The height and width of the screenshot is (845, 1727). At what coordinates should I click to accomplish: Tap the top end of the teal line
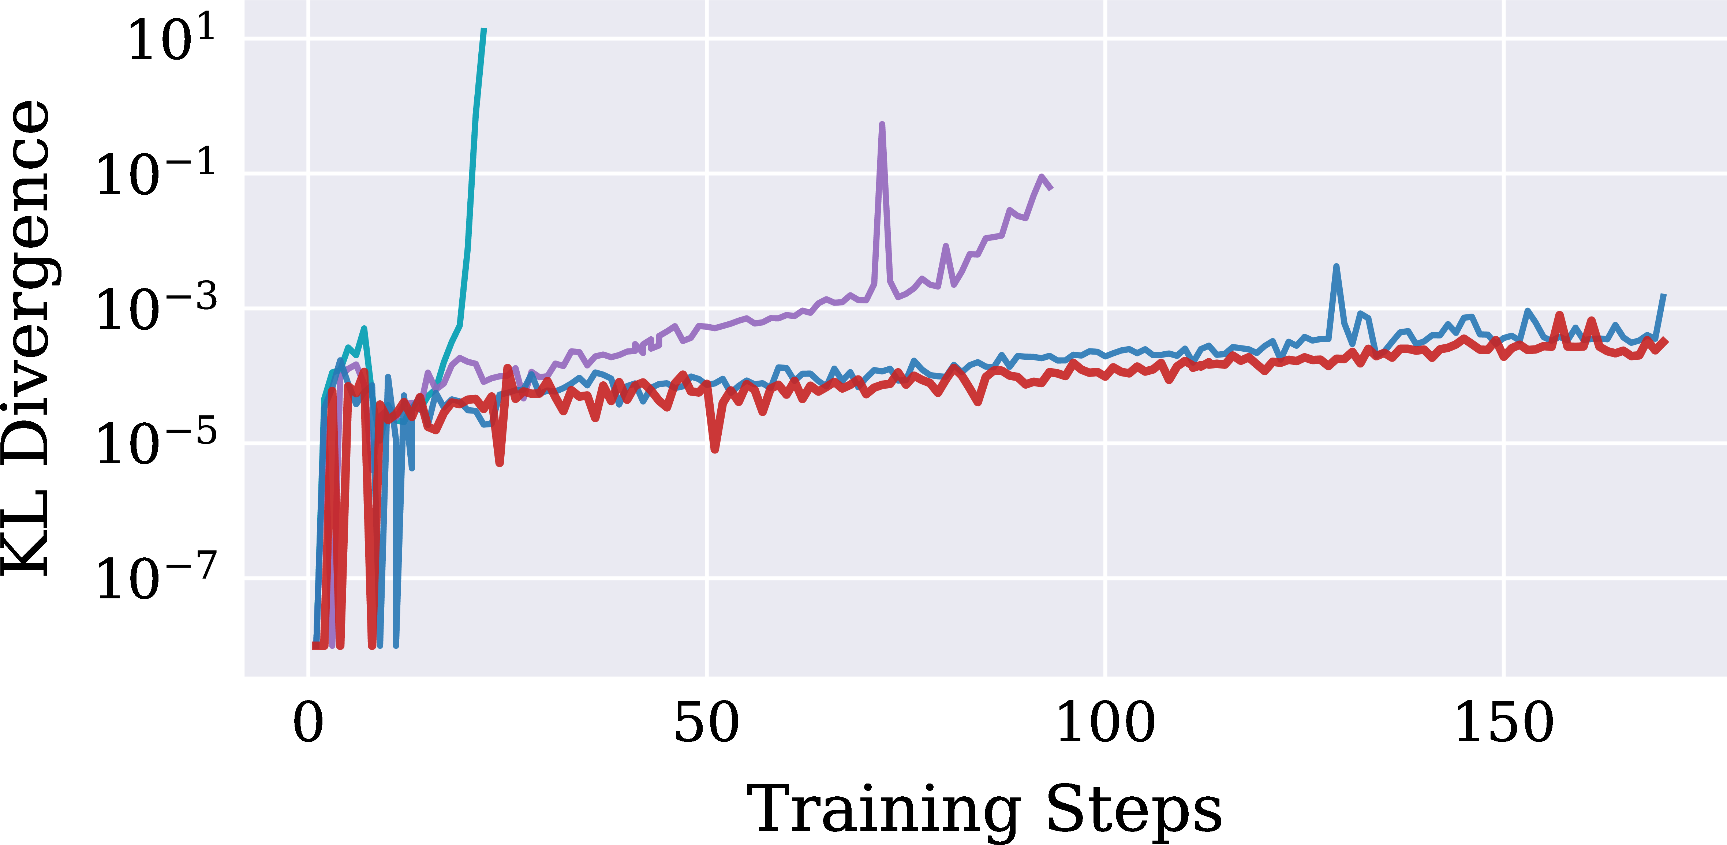(x=484, y=30)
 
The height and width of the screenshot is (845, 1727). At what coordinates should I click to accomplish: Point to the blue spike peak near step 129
(x=1336, y=267)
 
